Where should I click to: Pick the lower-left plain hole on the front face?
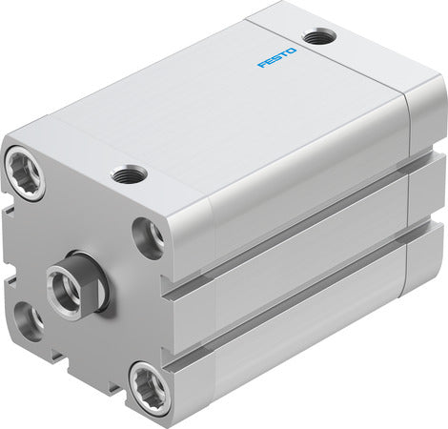click(28, 321)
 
